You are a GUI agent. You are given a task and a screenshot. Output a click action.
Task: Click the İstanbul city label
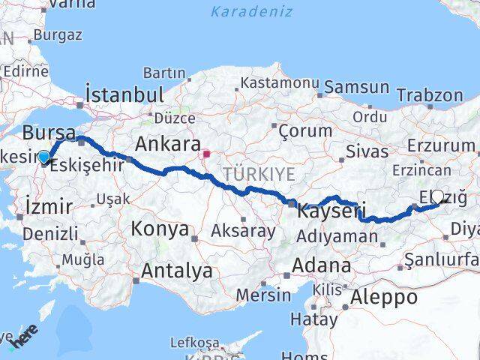point(124,95)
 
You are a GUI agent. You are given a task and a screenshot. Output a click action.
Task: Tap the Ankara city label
point(167,143)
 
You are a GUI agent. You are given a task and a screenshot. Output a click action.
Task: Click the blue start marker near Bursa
point(44,157)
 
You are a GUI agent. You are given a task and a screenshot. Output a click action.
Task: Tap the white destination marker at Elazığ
point(437,197)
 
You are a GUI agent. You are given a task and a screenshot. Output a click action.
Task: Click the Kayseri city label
point(325,211)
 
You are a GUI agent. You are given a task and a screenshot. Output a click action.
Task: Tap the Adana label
point(321,265)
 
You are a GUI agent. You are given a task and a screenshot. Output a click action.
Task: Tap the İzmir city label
point(49,206)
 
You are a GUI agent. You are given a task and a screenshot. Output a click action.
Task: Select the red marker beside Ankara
point(206,154)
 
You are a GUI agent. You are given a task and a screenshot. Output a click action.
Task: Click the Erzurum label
point(442,145)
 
